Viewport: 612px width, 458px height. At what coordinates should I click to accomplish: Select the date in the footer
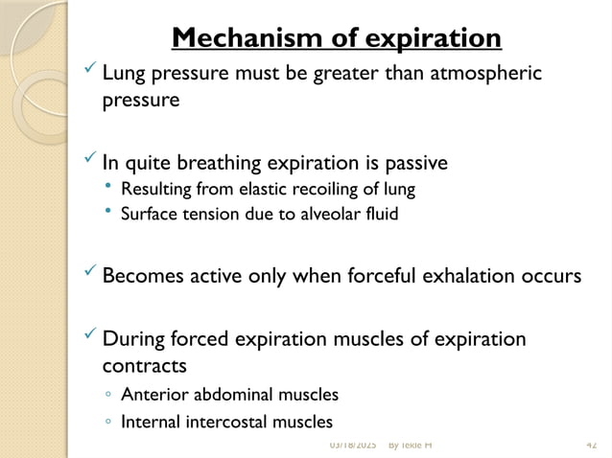pos(352,446)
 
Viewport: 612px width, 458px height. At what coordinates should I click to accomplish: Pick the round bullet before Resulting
pos(108,187)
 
